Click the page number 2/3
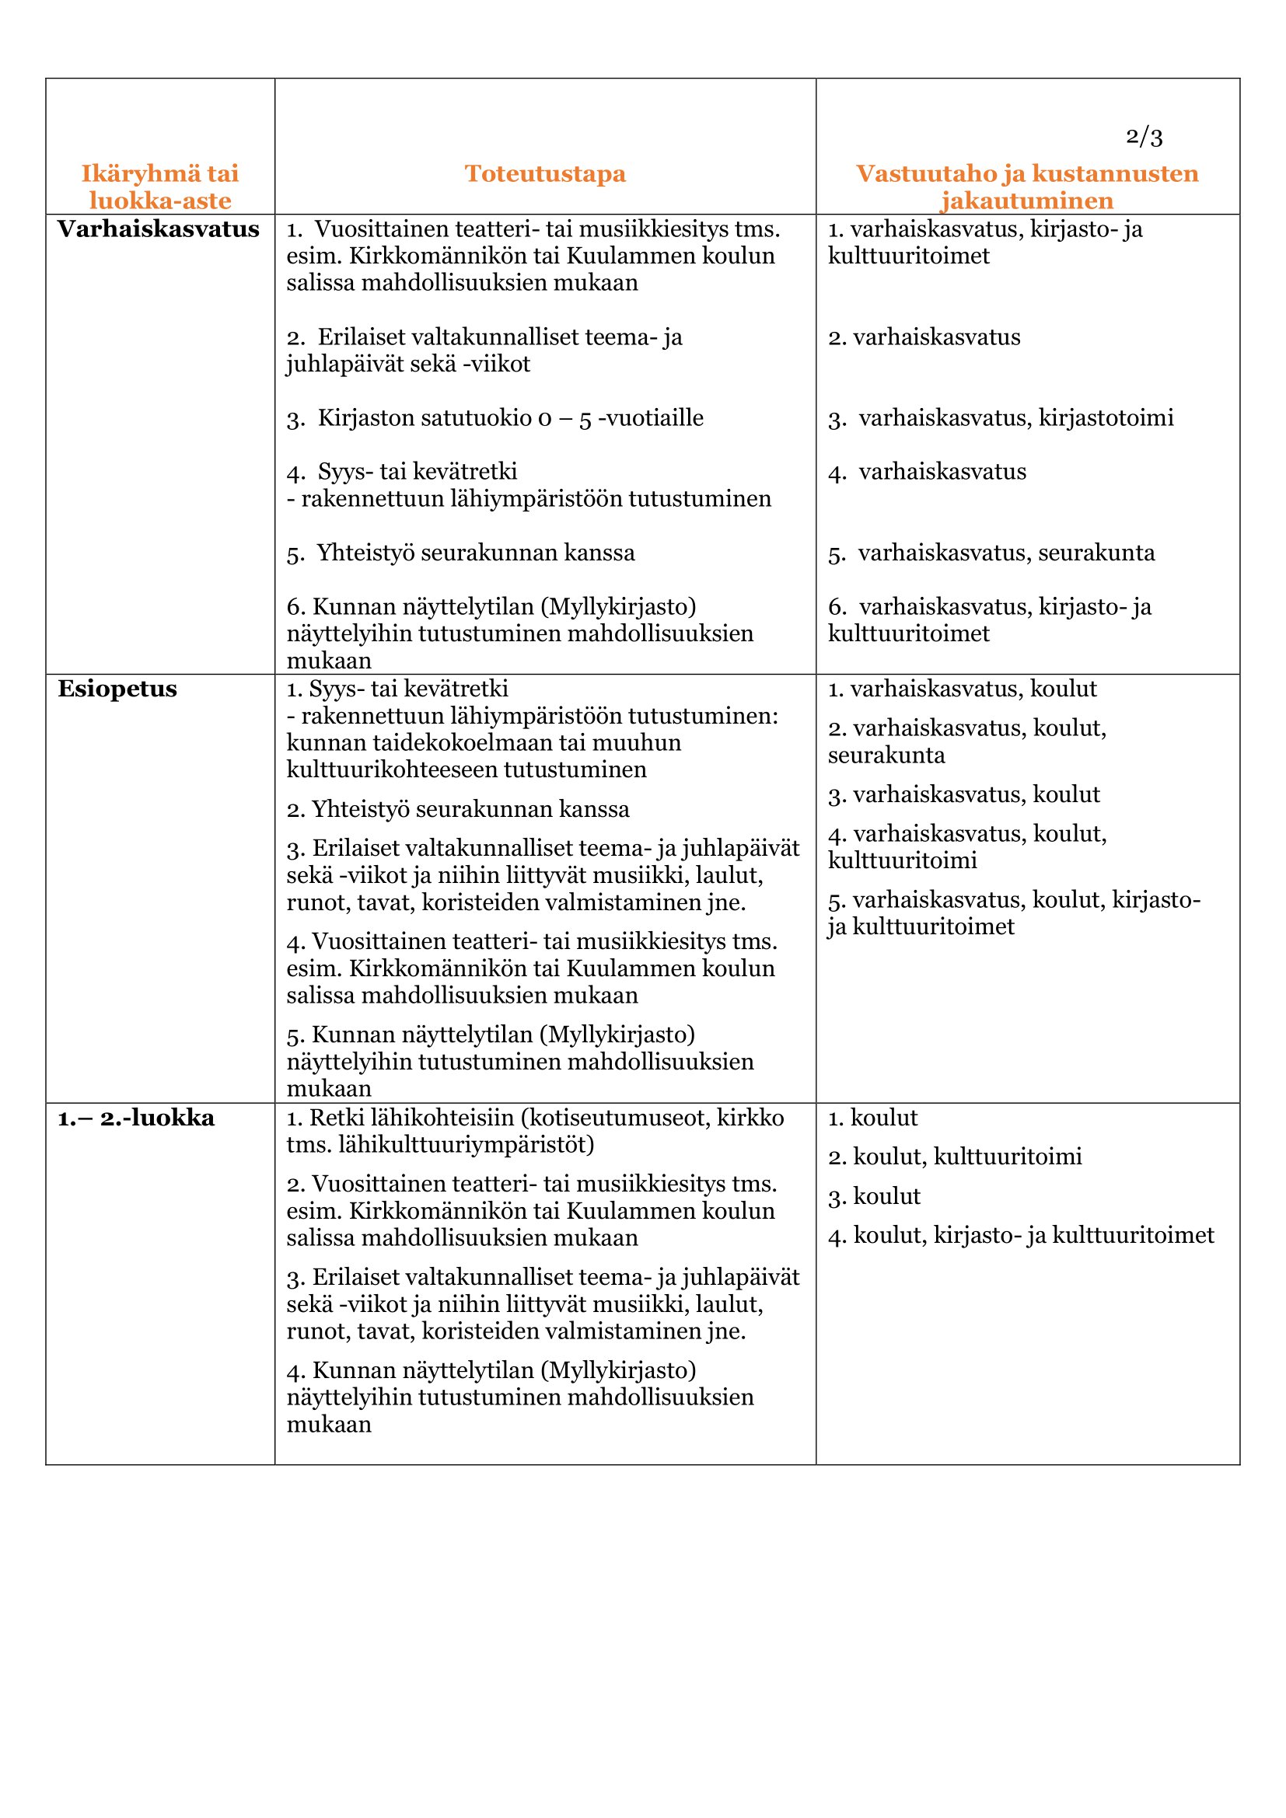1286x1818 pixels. pyautogui.click(x=1144, y=137)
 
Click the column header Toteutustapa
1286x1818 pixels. pyautogui.click(x=545, y=173)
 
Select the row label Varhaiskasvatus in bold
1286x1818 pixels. pyautogui.click(x=159, y=229)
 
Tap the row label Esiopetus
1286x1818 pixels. pyautogui.click(x=117, y=689)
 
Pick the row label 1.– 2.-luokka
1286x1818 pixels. pyautogui.click(x=136, y=1118)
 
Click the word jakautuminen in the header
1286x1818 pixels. pyautogui.click(x=1027, y=201)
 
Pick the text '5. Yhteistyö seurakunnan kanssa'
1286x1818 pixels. pyautogui.click(x=461, y=553)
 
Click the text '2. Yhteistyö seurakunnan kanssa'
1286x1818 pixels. pyautogui.click(x=458, y=809)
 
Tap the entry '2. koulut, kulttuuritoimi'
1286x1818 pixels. pyautogui.click(x=954, y=1157)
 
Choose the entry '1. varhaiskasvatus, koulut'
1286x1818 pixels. pyautogui.click(x=962, y=689)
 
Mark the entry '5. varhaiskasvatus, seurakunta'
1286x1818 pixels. pyautogui.click(x=991, y=553)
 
